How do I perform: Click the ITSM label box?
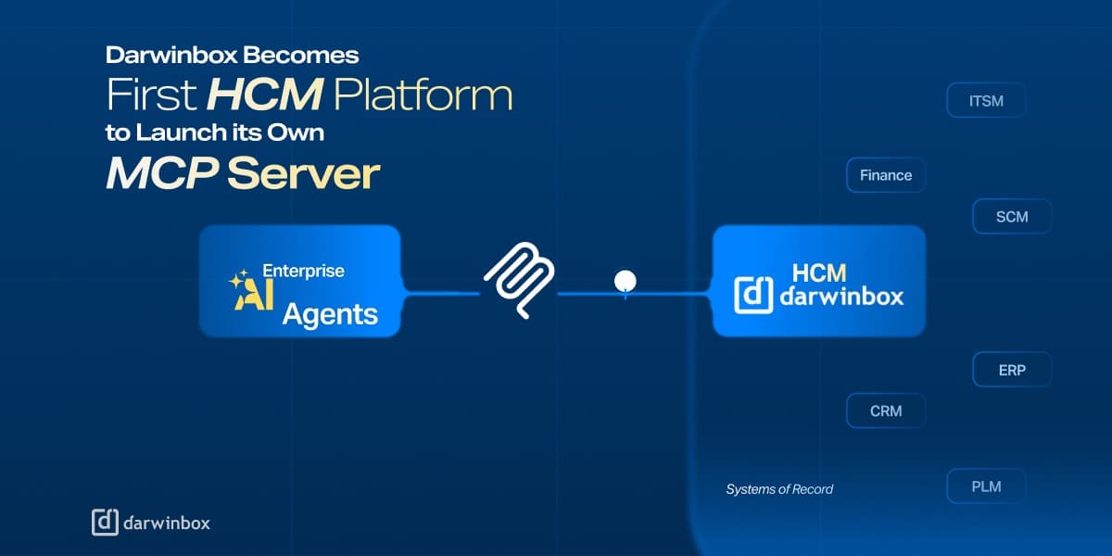[986, 100]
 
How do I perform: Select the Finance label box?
[886, 175]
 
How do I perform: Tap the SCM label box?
[1012, 217]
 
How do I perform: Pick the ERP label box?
[1012, 370]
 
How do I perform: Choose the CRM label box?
[886, 411]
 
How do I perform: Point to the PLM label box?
[986, 486]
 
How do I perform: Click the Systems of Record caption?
[779, 489]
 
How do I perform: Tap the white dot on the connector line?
[625, 280]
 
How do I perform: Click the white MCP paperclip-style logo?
[519, 281]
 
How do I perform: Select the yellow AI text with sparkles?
[245, 289]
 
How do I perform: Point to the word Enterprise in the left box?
[303, 272]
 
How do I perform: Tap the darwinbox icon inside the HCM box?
[753, 295]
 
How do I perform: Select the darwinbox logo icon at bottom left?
[105, 523]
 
